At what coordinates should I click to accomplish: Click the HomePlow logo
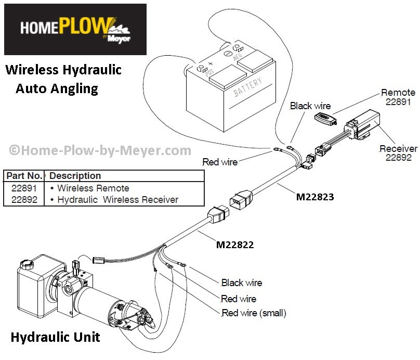click(x=75, y=29)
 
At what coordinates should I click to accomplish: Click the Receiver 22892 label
click(x=398, y=153)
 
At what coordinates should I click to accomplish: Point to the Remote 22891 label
click(x=398, y=97)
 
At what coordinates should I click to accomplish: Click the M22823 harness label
click(x=314, y=197)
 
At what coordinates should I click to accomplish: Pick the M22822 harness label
click(x=235, y=243)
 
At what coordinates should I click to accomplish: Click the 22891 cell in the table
click(x=24, y=188)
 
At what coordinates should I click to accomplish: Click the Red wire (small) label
click(x=254, y=313)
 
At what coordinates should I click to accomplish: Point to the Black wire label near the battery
click(x=310, y=106)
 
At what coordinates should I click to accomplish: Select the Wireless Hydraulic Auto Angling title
click(x=62, y=79)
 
